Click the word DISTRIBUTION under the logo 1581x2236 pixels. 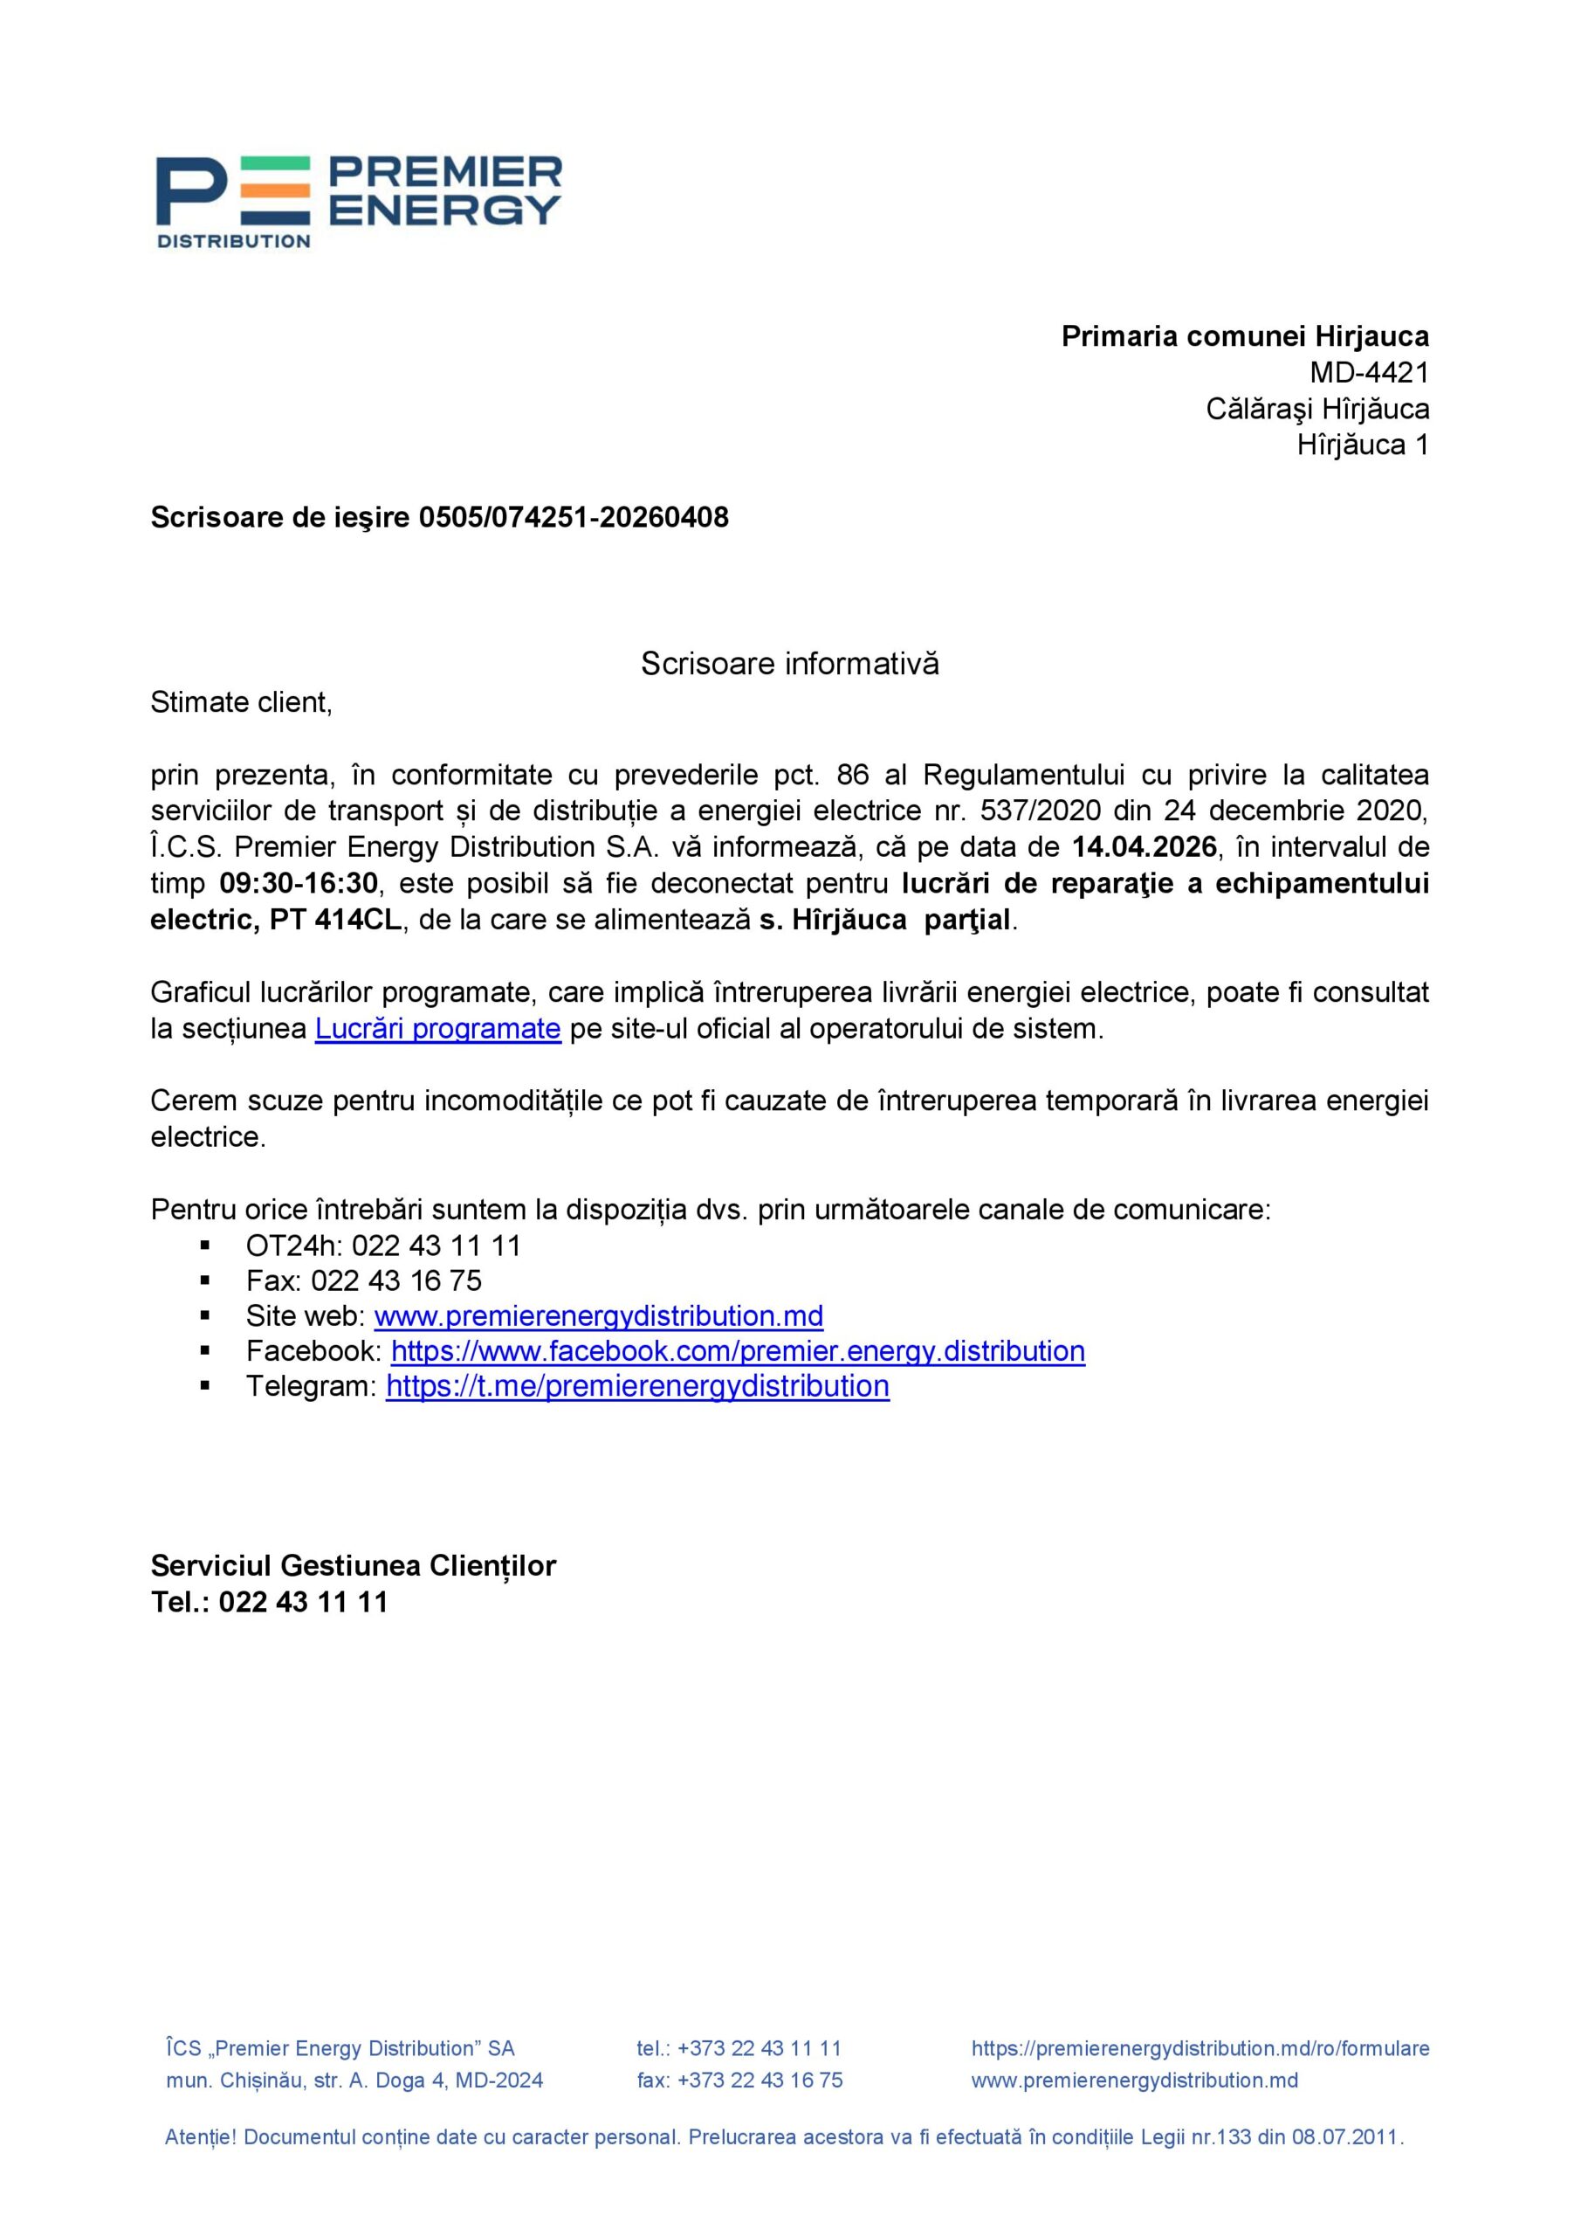pyautogui.click(x=234, y=240)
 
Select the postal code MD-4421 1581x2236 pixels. pyautogui.click(x=1369, y=373)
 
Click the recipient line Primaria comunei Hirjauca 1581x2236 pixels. pyautogui.click(x=1244, y=337)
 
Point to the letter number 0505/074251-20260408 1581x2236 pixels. pyautogui.click(x=574, y=517)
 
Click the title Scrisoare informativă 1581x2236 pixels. pyautogui.click(x=789, y=664)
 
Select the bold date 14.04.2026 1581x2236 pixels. pyautogui.click(x=1144, y=847)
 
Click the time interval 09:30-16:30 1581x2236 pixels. pyautogui.click(x=298, y=883)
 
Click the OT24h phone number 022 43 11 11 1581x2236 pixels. pyautogui.click(x=436, y=1246)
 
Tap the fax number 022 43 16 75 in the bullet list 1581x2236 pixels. pyautogui.click(x=396, y=1280)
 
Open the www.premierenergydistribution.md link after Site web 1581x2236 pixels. pyautogui.click(x=599, y=1315)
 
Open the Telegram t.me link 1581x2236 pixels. pyautogui.click(x=637, y=1386)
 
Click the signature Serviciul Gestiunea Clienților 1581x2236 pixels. pyautogui.click(x=354, y=1566)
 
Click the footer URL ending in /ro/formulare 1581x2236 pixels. pyautogui.click(x=1199, y=2048)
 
